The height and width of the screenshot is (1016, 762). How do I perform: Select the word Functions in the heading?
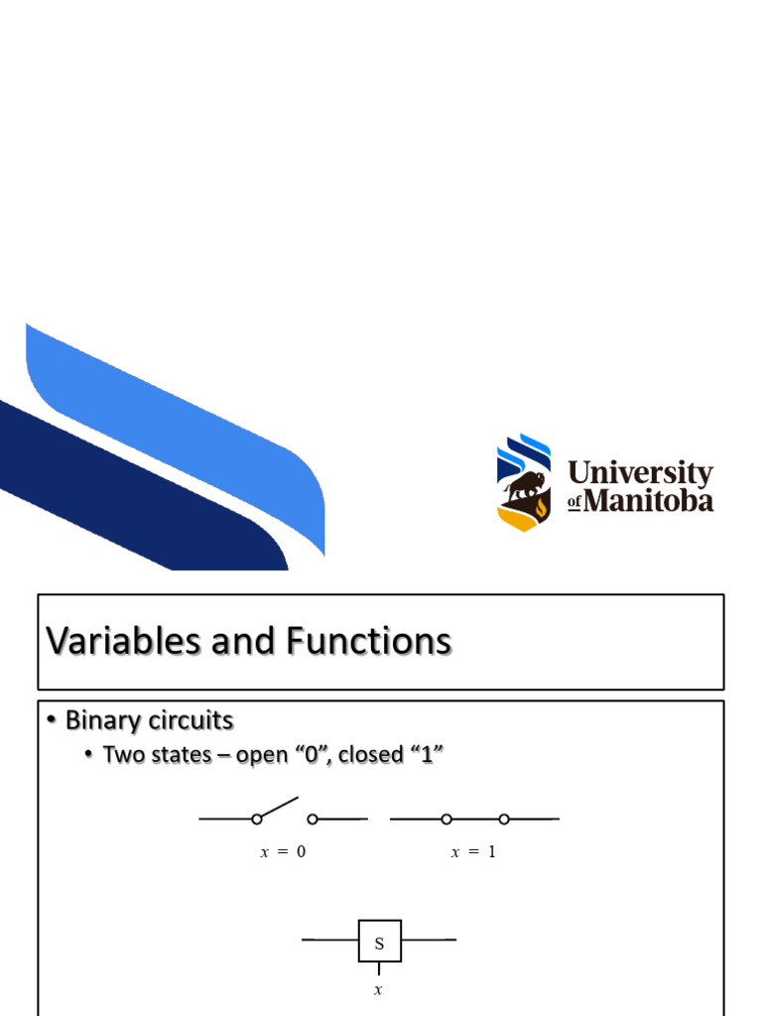pos(369,642)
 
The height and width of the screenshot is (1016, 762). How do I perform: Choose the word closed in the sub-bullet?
pos(371,755)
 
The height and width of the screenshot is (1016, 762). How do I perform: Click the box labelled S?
pos(379,941)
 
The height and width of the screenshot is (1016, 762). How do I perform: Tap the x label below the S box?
pos(378,989)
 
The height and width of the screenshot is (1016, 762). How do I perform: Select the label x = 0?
pos(283,851)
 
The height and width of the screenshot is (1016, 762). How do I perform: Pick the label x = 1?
pos(473,851)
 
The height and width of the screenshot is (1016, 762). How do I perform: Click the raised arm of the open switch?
pos(279,807)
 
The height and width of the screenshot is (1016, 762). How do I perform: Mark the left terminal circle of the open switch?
pos(256,820)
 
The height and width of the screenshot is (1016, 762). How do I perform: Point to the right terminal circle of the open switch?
pos(312,820)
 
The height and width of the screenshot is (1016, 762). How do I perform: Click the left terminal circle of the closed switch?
pos(446,820)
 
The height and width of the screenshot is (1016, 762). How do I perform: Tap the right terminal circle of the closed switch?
pos(504,820)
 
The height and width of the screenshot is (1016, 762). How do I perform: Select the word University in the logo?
pos(640,473)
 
